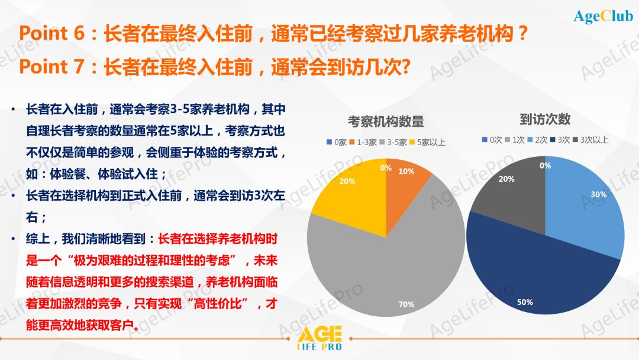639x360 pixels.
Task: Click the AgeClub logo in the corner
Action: click(x=603, y=16)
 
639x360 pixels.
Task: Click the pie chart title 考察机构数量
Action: click(x=386, y=121)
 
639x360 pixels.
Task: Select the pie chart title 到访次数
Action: click(x=545, y=119)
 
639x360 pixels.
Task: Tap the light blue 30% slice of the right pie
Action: click(x=587, y=204)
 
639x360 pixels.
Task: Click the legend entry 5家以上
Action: click(x=428, y=142)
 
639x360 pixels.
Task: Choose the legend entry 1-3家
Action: click(x=363, y=142)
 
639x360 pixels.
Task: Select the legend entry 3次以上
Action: click(x=591, y=140)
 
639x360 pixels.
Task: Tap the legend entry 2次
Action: click(x=537, y=140)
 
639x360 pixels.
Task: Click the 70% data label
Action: click(x=406, y=304)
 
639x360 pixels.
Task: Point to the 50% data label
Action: click(x=525, y=302)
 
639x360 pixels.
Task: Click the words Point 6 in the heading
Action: click(x=51, y=33)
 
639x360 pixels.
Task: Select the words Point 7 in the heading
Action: click(x=51, y=66)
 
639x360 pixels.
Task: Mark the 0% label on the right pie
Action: click(x=546, y=166)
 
